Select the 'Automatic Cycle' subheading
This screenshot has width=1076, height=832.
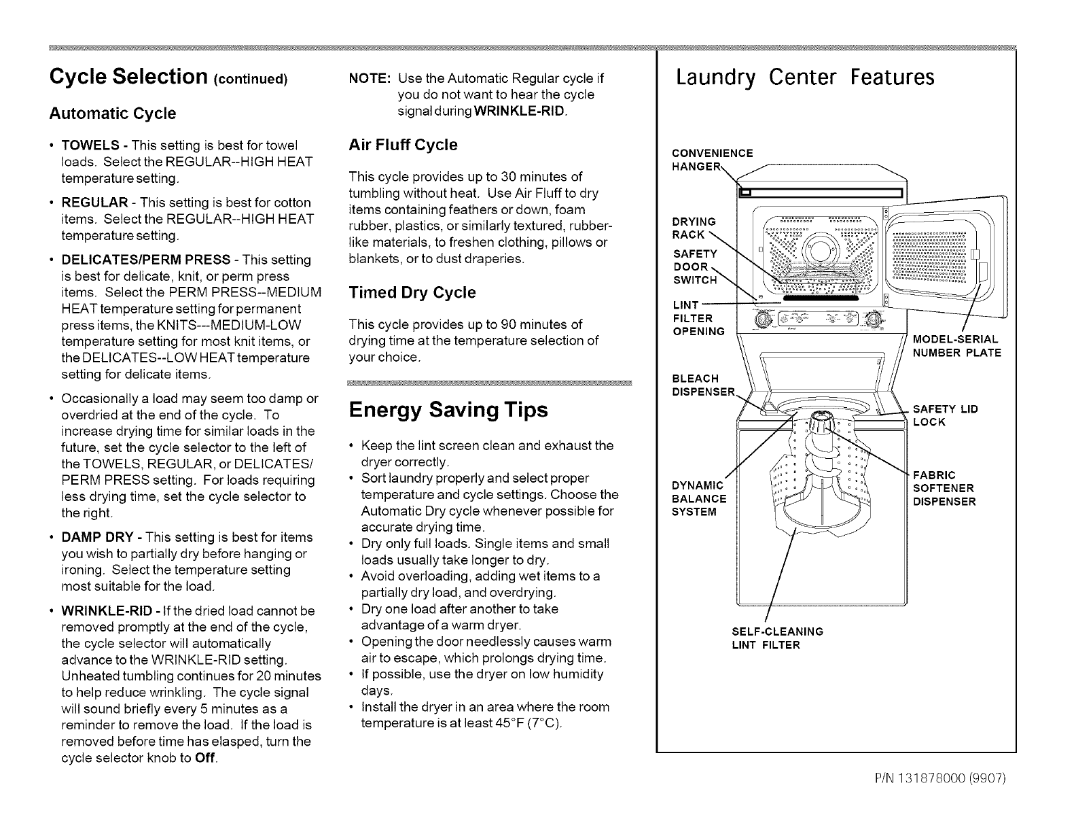click(112, 113)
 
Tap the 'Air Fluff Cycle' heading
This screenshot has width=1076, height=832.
click(402, 145)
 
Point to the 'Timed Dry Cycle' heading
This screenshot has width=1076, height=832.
click(412, 292)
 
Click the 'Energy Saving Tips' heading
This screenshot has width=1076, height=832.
click(448, 411)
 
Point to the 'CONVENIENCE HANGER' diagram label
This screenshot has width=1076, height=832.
click(711, 159)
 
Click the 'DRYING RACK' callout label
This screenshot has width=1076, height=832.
click(693, 228)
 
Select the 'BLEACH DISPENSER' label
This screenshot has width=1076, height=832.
click(703, 385)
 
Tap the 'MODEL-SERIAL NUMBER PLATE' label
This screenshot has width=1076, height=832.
click(956, 345)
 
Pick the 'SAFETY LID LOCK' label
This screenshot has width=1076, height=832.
click(945, 415)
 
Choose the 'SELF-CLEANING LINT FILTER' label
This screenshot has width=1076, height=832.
click(774, 638)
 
